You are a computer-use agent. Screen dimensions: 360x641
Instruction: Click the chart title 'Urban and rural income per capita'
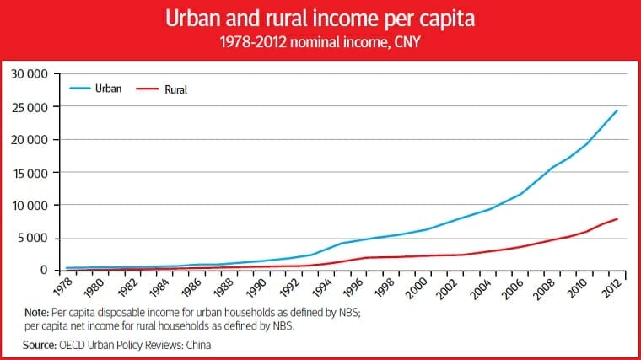tap(320, 19)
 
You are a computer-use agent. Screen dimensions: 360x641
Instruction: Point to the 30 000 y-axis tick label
tap(31, 74)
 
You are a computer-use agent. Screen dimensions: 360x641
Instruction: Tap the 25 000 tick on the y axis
tap(31, 107)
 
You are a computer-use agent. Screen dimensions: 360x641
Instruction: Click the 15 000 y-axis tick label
tap(31, 173)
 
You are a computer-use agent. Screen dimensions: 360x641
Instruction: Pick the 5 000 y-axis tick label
tap(35, 238)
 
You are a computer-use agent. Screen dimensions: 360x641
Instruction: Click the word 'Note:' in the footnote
tap(37, 313)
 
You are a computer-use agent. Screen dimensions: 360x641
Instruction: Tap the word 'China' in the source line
tap(193, 344)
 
